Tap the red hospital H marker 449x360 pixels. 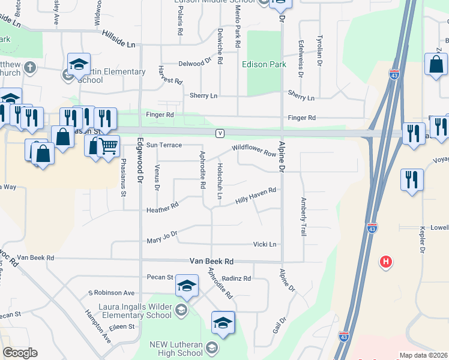click(387, 262)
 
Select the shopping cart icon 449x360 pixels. click(108, 145)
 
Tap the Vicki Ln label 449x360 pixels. click(264, 244)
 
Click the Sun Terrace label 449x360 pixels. click(164, 145)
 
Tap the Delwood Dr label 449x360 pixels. click(195, 62)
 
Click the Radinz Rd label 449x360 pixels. click(236, 278)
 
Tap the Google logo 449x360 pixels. click(20, 353)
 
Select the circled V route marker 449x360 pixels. click(221, 133)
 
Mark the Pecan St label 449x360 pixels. click(160, 277)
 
